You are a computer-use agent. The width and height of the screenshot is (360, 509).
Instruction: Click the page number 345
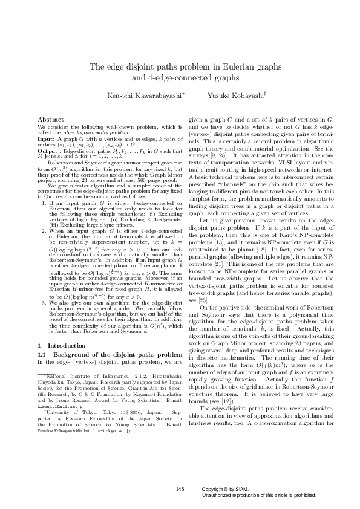(x=179, y=488)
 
